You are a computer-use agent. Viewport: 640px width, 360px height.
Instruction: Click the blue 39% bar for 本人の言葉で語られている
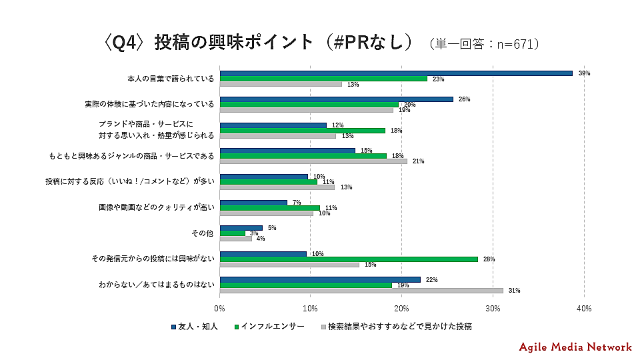396,73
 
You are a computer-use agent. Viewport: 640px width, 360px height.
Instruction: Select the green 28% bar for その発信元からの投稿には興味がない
349,259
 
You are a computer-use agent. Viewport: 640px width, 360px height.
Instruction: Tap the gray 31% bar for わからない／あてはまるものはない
361,290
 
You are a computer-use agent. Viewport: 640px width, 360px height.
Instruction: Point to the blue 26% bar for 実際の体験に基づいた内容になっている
336,99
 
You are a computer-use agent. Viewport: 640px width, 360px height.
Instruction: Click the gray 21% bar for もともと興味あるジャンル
313,161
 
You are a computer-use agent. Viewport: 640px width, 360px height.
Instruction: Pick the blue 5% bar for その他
241,227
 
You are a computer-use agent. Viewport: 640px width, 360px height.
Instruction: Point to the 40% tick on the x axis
583,309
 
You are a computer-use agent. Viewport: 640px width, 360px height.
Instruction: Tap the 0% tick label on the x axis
220,309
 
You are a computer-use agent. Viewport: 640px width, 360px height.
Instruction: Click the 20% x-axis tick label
401,309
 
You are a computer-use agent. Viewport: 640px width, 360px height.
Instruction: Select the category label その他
203,233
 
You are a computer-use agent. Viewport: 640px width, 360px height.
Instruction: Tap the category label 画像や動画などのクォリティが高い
157,207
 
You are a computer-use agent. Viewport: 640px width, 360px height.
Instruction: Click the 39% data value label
584,73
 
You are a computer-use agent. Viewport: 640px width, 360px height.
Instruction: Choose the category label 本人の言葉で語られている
171,78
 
